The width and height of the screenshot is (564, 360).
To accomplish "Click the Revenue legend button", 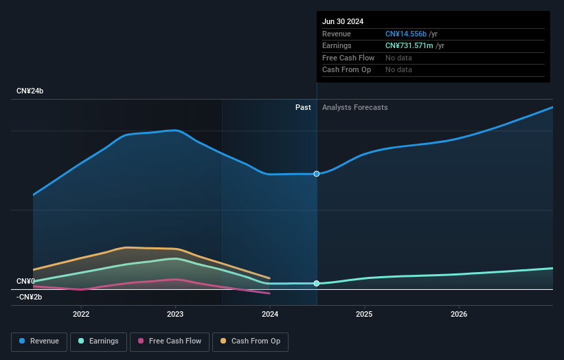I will pos(40,341).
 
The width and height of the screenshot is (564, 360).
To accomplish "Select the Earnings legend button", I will pos(99,341).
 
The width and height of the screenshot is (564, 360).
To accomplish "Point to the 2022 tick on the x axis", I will pos(81,314).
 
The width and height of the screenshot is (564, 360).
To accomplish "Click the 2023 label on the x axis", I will pos(175,314).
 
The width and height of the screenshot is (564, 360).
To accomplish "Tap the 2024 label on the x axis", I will pos(270,314).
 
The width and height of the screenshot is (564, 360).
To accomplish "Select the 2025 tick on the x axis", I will pos(364,314).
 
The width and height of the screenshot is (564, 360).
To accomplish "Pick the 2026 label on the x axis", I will pos(459,314).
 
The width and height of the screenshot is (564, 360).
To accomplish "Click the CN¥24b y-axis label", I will pos(30,91).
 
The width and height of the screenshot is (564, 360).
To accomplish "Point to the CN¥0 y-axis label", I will pos(25,281).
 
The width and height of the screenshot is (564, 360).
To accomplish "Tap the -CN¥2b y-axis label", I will pos(30,297).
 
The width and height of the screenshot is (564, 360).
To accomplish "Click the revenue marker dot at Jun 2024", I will pos(317,174).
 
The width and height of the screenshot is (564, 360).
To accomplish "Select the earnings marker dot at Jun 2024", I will pos(317,283).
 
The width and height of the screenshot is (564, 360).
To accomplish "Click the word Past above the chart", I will pos(303,107).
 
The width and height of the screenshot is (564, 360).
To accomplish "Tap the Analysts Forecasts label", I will pos(354,107).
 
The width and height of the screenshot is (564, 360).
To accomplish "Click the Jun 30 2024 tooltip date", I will pos(343,21).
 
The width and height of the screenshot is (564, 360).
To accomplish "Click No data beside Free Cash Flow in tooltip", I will pos(398,58).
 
